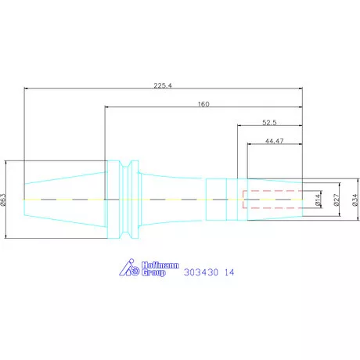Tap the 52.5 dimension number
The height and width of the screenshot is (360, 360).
pos(271,122)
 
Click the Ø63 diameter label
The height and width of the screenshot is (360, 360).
pos(5,200)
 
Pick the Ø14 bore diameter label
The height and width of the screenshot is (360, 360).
pos(316,200)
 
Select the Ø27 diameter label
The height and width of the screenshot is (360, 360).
pos(336,200)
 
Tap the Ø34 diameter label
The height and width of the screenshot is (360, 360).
pos(355,200)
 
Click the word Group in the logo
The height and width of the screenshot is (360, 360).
pos(153,273)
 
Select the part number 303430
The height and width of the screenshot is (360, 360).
pos(199,273)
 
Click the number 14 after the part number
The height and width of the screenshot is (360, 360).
pos(229,273)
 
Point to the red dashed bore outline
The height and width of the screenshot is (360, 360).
pos(270,191)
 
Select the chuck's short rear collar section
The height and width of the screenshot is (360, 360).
pos(216,200)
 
